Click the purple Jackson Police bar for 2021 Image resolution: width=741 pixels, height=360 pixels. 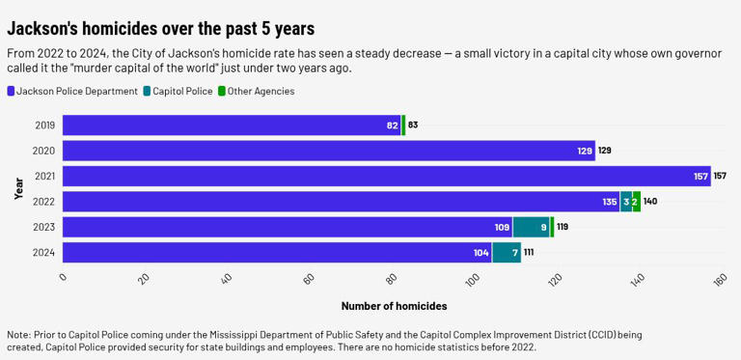[x=386, y=176]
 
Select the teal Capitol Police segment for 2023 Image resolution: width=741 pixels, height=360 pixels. [x=530, y=227]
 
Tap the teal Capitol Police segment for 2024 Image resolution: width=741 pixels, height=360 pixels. [x=507, y=252]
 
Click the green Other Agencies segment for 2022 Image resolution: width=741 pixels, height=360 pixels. [x=636, y=202]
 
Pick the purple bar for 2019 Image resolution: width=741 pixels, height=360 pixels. [x=232, y=125]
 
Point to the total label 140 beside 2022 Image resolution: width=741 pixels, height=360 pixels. [x=650, y=202]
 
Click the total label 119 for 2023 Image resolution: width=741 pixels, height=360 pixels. [x=563, y=227]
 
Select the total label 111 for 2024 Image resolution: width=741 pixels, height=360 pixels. [x=529, y=252]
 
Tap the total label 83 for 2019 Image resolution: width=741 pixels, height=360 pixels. [x=413, y=125]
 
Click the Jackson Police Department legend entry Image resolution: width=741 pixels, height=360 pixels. [x=72, y=91]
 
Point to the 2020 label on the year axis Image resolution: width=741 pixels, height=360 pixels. [x=44, y=151]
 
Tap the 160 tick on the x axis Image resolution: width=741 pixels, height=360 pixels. [x=719, y=280]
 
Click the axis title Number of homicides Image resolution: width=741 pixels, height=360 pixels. [x=394, y=306]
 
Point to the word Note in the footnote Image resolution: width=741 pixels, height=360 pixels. [x=18, y=335]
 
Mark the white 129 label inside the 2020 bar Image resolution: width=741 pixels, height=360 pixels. [x=585, y=151]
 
